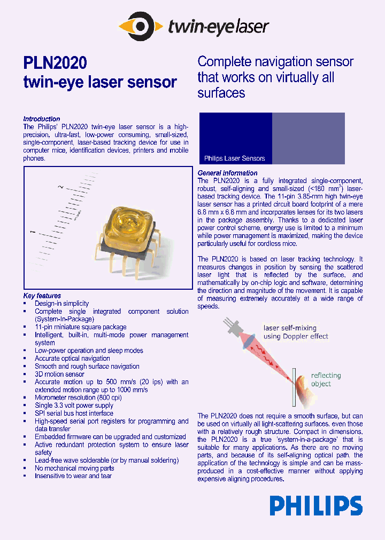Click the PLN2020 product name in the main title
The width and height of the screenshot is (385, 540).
(x=55, y=63)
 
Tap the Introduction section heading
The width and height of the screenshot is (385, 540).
(x=42, y=119)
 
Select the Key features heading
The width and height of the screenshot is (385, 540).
(x=42, y=296)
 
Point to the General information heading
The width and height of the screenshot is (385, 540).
(x=227, y=173)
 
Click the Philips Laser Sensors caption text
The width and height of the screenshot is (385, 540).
(x=234, y=158)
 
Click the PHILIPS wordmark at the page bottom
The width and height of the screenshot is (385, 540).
(x=315, y=506)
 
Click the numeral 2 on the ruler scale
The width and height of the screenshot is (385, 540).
(x=61, y=187)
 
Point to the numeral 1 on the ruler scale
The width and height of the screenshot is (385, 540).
(x=34, y=232)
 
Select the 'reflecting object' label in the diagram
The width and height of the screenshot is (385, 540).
(x=326, y=379)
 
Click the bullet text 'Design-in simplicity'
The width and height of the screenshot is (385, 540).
(x=62, y=304)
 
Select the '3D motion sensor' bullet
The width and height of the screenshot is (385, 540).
(x=59, y=374)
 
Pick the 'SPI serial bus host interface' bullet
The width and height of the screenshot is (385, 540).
(x=74, y=413)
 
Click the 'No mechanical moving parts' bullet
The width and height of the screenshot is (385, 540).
(x=74, y=468)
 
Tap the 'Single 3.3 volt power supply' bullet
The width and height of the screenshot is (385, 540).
(x=74, y=406)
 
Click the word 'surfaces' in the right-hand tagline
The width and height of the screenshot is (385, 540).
(x=221, y=93)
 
